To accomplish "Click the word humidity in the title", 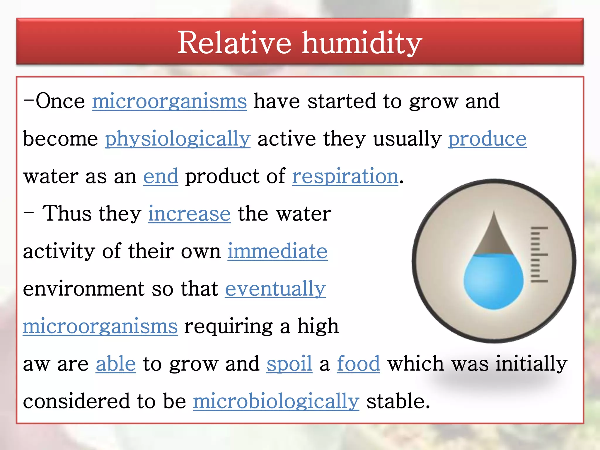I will tap(362, 43).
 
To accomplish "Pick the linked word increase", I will tap(189, 214).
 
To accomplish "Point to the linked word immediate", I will tap(277, 251).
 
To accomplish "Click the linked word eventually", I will tap(275, 289).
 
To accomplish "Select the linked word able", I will tap(116, 364).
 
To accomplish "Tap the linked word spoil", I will tap(289, 364).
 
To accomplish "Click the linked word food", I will tap(358, 364).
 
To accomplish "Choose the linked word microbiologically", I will tap(276, 401).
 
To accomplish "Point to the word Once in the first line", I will tap(60, 101).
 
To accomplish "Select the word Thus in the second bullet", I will tap(67, 214).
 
